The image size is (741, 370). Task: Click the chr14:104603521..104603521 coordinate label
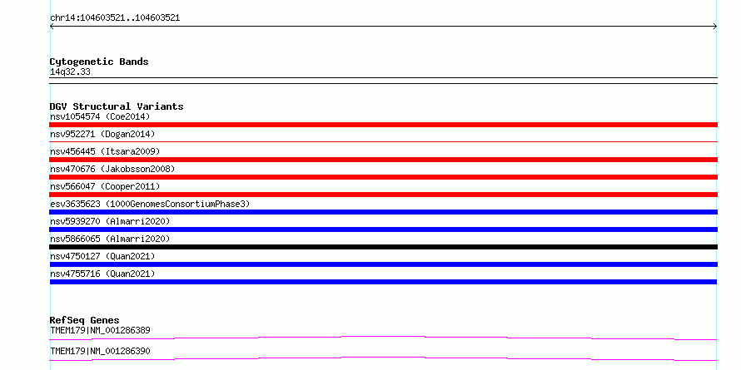tap(115, 18)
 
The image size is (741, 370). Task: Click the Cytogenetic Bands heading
tap(99, 62)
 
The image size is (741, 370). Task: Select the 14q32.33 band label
tap(70, 72)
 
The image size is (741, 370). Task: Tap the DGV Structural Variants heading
tap(117, 106)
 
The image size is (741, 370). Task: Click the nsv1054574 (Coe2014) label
tap(100, 116)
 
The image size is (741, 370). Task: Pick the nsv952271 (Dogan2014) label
tap(102, 134)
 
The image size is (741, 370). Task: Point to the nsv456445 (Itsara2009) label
tap(105, 151)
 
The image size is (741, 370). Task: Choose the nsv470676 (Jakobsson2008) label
tap(112, 169)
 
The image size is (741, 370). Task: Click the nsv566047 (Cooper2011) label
tap(105, 186)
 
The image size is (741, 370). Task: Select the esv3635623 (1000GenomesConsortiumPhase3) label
tap(150, 204)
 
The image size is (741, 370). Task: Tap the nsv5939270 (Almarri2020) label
tap(110, 221)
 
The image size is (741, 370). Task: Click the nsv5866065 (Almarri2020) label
tap(110, 239)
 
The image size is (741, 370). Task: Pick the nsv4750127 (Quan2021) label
tap(102, 256)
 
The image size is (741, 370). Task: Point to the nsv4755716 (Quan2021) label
tap(102, 274)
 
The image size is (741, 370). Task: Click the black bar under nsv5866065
tap(383, 247)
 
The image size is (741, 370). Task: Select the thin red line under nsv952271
tap(383, 141)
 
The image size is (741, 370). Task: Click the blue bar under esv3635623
tap(383, 212)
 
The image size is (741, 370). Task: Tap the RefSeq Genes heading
tap(85, 320)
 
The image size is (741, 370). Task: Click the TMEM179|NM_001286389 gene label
tap(100, 330)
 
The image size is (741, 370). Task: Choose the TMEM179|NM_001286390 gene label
tap(100, 351)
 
